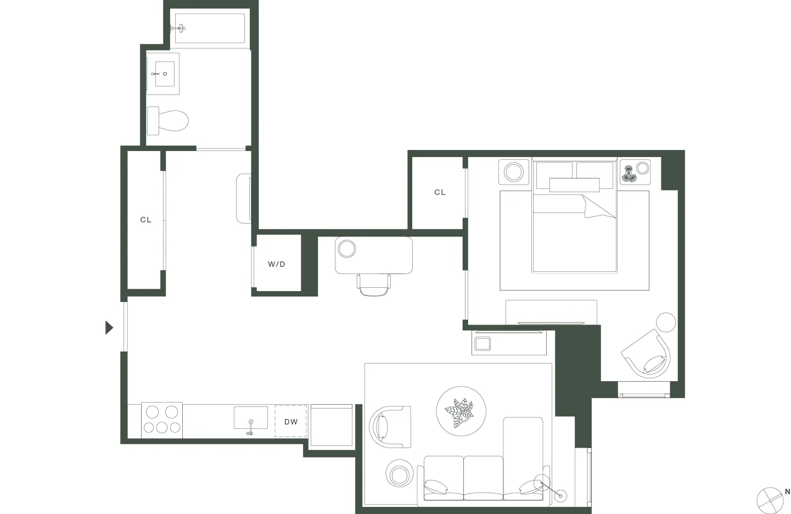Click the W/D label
[277, 264]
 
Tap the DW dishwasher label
[291, 422]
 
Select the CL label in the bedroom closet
[440, 192]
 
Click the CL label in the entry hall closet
[145, 220]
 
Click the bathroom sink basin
[164, 74]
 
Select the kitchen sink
[251, 418]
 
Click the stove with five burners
[161, 421]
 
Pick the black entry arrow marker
[109, 328]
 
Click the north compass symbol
[771, 499]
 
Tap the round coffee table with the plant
[461, 411]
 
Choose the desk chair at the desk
[374, 284]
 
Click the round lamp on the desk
[347, 249]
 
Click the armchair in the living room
[390, 426]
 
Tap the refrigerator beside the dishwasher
[332, 426]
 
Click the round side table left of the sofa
[399, 473]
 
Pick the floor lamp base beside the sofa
[560, 496]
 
